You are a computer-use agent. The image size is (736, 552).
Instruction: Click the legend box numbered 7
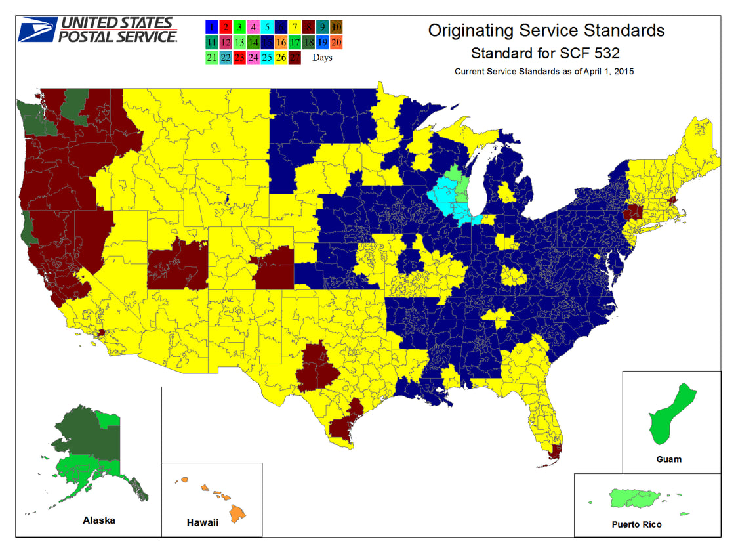coord(295,27)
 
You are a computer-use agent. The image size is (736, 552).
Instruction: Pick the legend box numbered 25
coord(267,57)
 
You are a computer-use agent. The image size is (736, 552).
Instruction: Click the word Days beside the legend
coord(322,58)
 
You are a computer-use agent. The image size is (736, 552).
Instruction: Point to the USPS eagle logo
coord(37,30)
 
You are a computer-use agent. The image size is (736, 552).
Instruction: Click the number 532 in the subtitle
coord(605,52)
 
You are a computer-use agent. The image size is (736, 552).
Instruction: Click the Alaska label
coord(99,520)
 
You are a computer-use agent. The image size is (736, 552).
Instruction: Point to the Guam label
coord(668,459)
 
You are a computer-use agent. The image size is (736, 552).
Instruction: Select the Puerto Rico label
coord(636,524)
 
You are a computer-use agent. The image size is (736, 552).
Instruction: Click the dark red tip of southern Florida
coord(555,452)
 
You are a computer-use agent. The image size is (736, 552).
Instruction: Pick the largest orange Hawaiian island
coord(237,511)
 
